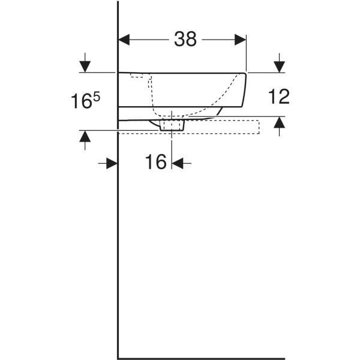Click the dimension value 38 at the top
[x=185, y=40]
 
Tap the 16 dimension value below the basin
[x=155, y=162]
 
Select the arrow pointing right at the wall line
[x=112, y=163]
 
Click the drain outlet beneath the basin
[x=172, y=125]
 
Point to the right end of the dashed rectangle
[x=259, y=127]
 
